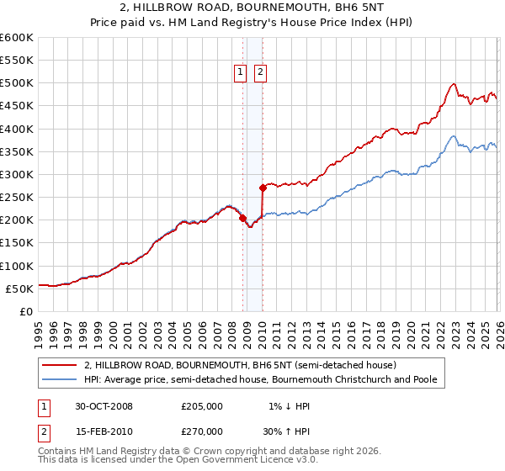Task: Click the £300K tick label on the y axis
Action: click(x=16, y=175)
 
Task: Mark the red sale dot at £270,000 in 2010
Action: click(x=263, y=188)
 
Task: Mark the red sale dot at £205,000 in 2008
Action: click(x=243, y=218)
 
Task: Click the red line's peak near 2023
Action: click(x=454, y=83)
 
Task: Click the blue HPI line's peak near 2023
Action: click(x=453, y=136)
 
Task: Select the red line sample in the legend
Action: click(x=60, y=365)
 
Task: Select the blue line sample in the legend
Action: click(x=60, y=379)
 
